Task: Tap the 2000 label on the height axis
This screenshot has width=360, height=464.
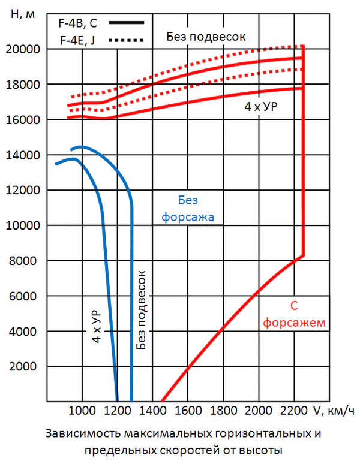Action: (x=28, y=367)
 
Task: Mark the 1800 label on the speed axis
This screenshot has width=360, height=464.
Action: (x=223, y=411)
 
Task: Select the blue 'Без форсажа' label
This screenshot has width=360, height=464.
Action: (x=188, y=209)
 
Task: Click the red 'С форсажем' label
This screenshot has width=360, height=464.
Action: (x=294, y=314)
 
